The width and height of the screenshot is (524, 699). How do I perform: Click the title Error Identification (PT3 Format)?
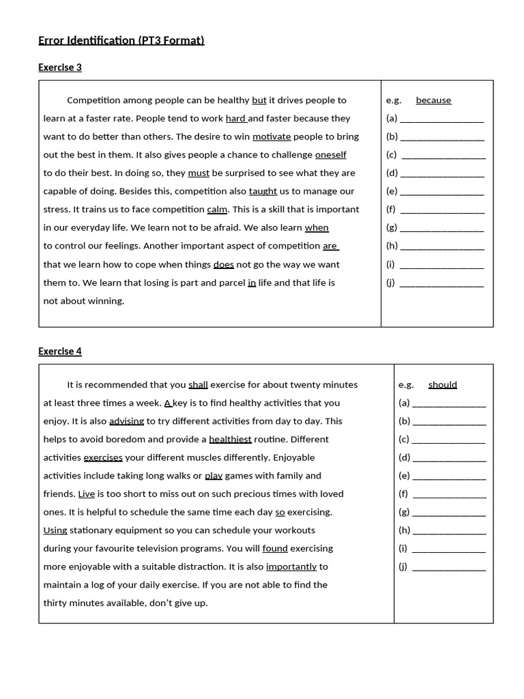[x=121, y=41]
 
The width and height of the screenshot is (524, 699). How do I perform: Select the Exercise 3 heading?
[x=60, y=68]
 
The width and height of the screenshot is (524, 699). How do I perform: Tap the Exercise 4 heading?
[x=60, y=352]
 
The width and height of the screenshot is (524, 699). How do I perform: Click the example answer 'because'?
[x=433, y=100]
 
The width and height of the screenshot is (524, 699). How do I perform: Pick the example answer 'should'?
[x=443, y=385]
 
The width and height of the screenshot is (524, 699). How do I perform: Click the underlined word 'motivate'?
[x=272, y=137]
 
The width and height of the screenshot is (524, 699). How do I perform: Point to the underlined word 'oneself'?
[x=330, y=155]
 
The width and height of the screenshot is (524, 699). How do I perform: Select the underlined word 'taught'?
[x=263, y=191]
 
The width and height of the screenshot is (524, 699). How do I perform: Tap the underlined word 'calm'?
[x=217, y=210]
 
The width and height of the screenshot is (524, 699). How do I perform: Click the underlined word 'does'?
[x=223, y=264]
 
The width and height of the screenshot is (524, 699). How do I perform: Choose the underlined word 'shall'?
[x=198, y=385]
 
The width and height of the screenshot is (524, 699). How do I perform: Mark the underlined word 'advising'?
[x=126, y=421]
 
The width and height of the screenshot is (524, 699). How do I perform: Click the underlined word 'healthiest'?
[x=230, y=440]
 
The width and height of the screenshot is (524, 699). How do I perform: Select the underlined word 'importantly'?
[x=291, y=567]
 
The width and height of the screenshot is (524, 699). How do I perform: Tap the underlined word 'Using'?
[x=55, y=530]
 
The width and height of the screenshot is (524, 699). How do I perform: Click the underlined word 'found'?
[x=275, y=548]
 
